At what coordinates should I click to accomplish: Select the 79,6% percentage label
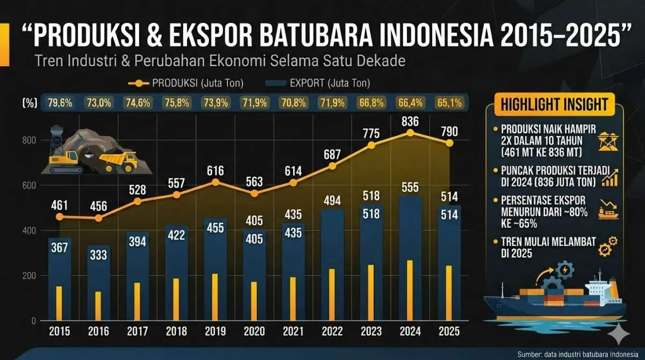pyautogui.click(x=60, y=103)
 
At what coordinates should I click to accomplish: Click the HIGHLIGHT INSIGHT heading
pyautogui.click(x=554, y=104)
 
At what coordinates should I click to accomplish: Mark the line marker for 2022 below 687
pyautogui.click(x=332, y=166)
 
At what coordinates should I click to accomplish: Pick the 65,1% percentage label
pyautogui.click(x=449, y=103)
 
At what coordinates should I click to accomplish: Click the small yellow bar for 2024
pyautogui.click(x=410, y=290)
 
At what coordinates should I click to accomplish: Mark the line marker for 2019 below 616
pyautogui.click(x=215, y=182)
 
